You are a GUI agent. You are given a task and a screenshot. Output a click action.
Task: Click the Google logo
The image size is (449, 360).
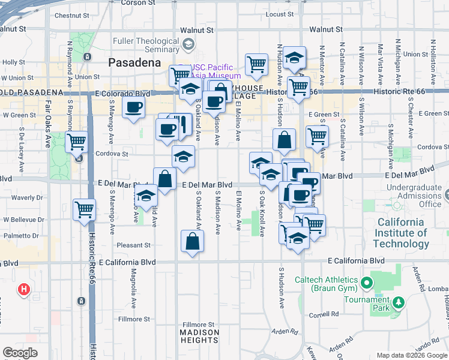tap(20, 353)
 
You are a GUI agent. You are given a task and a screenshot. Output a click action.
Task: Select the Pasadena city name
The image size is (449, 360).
tap(134, 62)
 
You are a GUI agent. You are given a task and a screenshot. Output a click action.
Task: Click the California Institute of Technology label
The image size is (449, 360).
tap(401, 233)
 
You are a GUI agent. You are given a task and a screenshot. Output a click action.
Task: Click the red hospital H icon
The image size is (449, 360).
tap(23, 290)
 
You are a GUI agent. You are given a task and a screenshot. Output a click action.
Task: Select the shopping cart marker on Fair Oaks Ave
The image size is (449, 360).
tap(76, 143)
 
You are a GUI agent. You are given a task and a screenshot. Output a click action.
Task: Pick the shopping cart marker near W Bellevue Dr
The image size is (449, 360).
tap(85, 210)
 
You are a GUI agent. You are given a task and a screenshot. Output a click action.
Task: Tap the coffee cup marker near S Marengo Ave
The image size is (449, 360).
tap(133, 108)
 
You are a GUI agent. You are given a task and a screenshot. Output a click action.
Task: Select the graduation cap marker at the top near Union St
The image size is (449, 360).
tap(294, 58)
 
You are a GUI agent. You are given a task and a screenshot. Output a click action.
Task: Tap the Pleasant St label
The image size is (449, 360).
tap(133, 245)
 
